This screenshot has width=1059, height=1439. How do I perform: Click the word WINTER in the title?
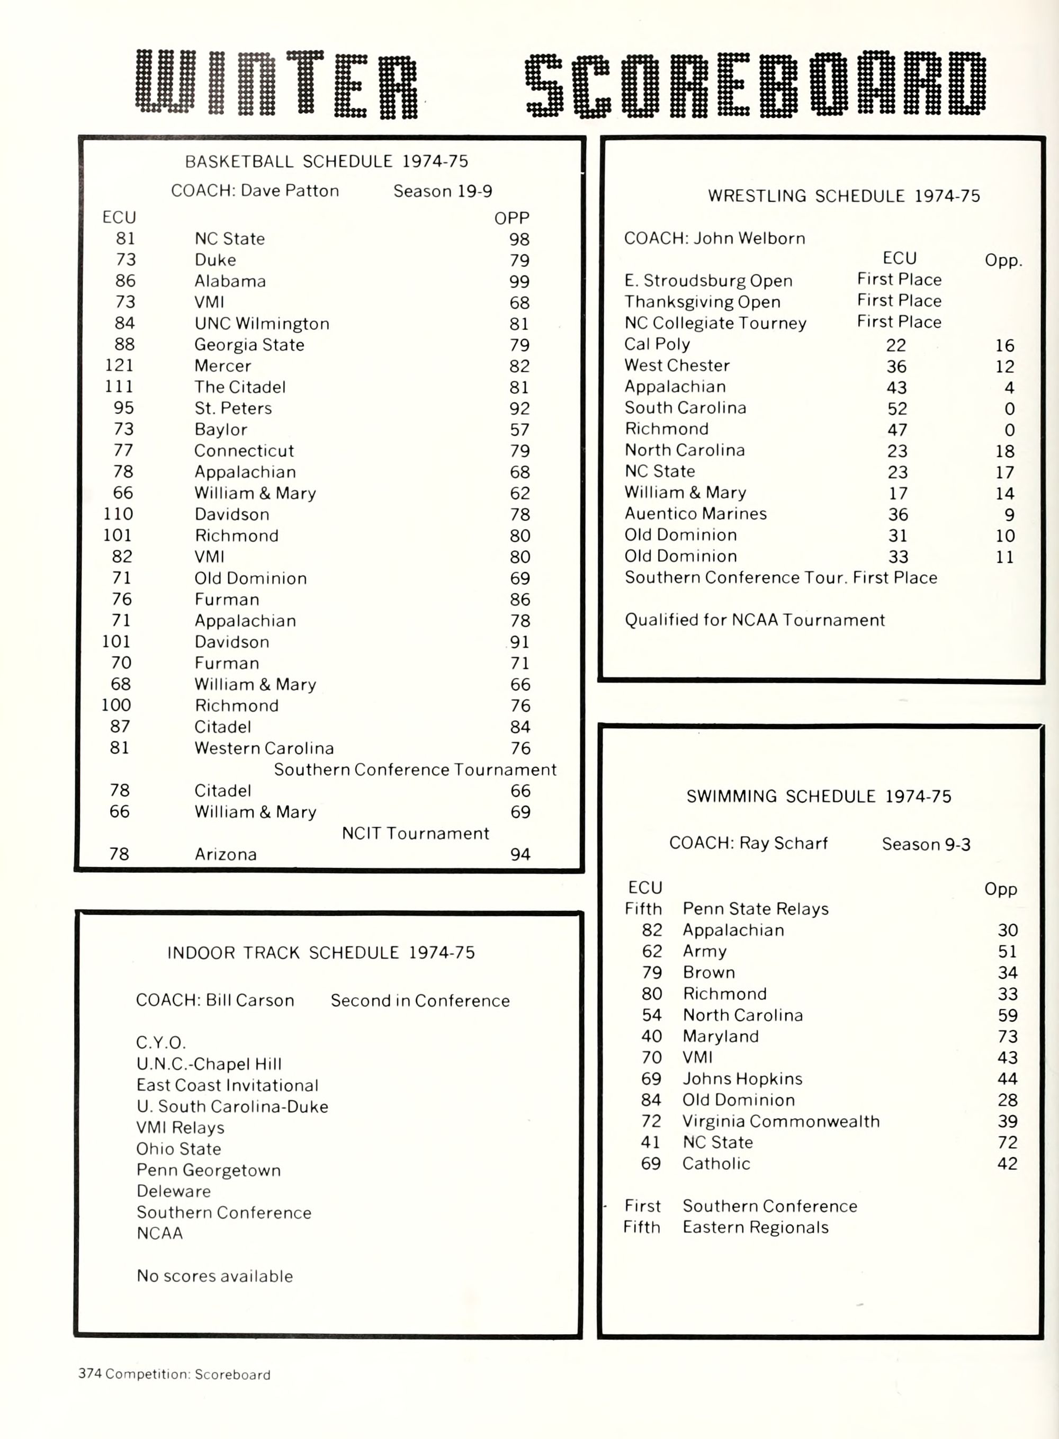(277, 85)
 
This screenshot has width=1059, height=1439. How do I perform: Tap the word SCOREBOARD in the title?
(755, 85)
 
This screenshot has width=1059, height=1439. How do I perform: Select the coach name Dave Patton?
(290, 191)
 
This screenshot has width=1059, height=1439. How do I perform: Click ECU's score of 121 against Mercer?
(119, 365)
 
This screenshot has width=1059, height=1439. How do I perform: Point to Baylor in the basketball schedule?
(220, 430)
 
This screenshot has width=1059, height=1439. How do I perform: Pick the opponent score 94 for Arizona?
(520, 854)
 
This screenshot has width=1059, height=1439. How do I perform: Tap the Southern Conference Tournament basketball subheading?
(415, 770)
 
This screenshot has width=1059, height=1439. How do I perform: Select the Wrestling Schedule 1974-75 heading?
(843, 196)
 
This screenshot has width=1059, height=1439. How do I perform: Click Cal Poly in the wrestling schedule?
(657, 344)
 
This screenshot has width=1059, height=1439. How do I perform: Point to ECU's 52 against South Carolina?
(897, 408)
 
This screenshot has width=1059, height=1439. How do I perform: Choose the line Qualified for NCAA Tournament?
(755, 620)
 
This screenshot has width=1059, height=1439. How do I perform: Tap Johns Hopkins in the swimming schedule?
(742, 1079)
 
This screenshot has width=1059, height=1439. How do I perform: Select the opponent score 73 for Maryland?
(1007, 1036)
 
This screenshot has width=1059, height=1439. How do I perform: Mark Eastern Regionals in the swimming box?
(755, 1227)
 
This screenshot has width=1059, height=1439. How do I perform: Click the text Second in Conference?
(420, 1000)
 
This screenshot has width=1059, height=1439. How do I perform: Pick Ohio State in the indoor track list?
(178, 1149)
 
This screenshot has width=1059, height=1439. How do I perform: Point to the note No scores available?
(215, 1275)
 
